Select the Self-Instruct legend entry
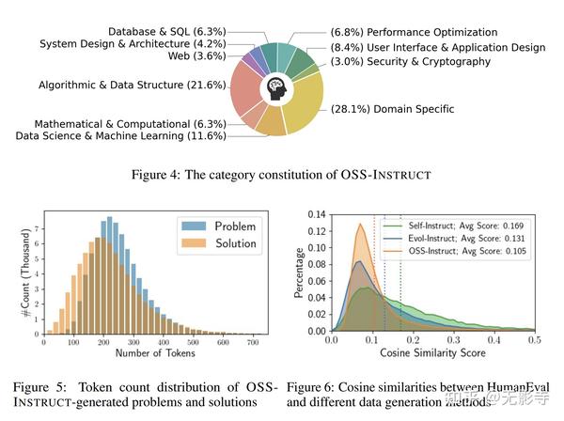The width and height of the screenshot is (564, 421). point(465,226)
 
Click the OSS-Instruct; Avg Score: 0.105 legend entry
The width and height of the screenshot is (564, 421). point(465,251)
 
